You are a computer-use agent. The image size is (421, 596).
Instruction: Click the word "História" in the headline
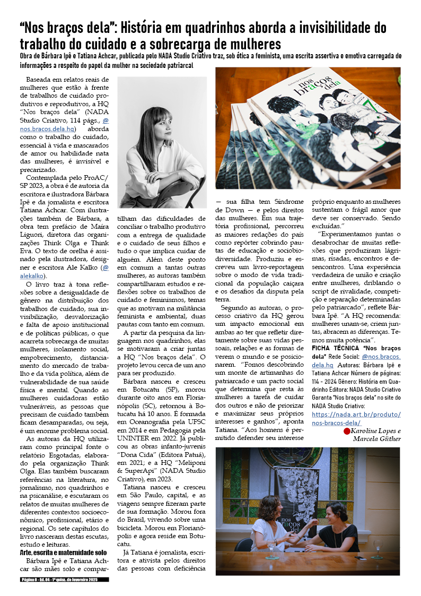146,28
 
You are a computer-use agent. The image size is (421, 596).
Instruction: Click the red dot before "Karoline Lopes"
347,431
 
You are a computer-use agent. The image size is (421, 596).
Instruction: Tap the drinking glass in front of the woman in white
272,550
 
